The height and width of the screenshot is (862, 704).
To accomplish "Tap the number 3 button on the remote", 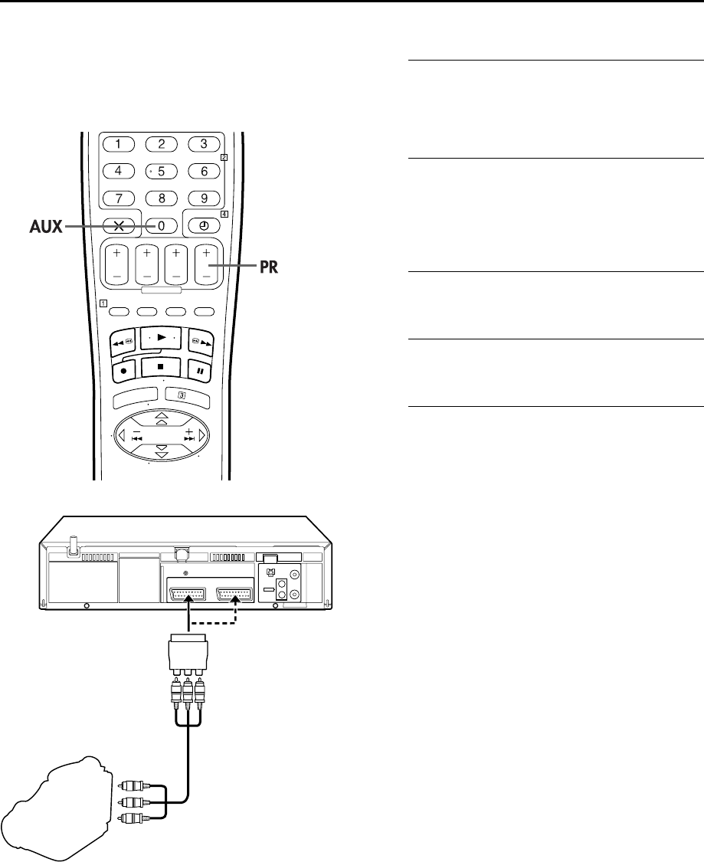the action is pyautogui.click(x=204, y=143).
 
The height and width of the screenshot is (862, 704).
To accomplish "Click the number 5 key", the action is pyautogui.click(x=161, y=172).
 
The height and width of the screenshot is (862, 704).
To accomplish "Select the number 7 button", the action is pyautogui.click(x=118, y=198).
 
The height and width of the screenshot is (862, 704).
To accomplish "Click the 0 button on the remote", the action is pyautogui.click(x=161, y=226).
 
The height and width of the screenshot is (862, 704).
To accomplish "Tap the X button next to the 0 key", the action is pyautogui.click(x=118, y=226).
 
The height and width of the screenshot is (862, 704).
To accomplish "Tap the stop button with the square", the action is pyautogui.click(x=160, y=366).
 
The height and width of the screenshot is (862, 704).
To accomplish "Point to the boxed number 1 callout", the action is pyautogui.click(x=101, y=303).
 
